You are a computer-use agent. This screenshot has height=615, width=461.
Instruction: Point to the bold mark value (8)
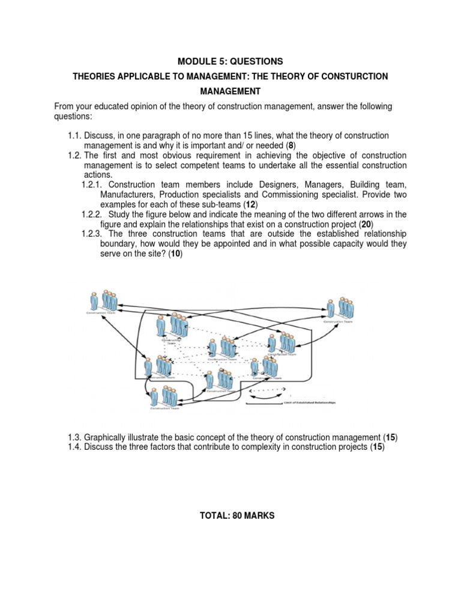[291, 145]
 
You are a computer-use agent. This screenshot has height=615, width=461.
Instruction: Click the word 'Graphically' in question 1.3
[104, 436]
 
